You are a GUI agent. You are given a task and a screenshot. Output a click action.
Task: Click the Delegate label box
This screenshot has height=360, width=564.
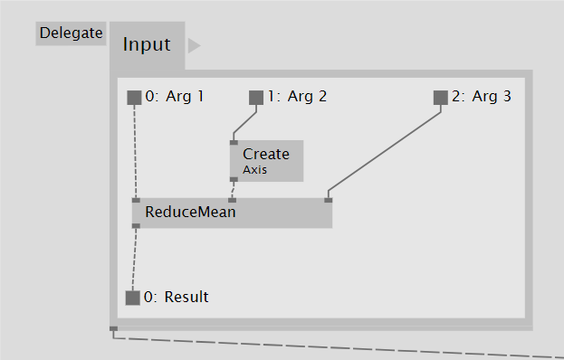coord(72,33)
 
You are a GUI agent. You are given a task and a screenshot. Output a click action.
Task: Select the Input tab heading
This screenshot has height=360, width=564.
coord(147,44)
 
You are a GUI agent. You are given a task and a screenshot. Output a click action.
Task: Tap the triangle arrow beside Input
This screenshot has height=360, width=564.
coord(194,45)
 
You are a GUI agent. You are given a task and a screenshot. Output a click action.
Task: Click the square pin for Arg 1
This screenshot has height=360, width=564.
coord(135,97)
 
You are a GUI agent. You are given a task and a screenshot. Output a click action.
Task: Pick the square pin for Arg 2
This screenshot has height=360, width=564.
coord(256,97)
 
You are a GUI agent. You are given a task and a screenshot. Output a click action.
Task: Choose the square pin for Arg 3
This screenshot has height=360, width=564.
coord(441,97)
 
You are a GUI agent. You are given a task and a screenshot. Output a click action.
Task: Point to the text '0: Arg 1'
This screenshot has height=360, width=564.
coord(174,96)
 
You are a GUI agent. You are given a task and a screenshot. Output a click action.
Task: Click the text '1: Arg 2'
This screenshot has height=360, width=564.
coord(297,96)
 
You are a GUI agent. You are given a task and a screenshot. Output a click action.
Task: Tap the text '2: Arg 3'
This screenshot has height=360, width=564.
coord(482,96)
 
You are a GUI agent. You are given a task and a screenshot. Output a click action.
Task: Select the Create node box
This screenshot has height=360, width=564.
coord(266,159)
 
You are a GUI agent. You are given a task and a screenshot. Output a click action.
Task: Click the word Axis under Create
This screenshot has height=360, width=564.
coord(254,169)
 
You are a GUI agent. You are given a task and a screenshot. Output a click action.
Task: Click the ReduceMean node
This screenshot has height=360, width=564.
coord(232,213)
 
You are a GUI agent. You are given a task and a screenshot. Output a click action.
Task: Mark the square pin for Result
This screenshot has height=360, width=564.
coord(133,298)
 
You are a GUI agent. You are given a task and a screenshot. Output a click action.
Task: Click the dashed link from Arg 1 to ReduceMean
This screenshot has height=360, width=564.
coord(136,149)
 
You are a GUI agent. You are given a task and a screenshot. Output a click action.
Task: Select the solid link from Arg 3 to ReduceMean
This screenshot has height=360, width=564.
coord(385,154)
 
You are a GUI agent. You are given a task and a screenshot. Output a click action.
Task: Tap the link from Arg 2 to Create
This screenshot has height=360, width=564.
coord(244,123)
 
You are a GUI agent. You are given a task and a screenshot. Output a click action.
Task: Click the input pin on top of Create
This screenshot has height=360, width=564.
coord(234,142)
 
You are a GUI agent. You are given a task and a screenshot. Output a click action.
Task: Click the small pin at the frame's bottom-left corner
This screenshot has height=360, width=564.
coord(113,328)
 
